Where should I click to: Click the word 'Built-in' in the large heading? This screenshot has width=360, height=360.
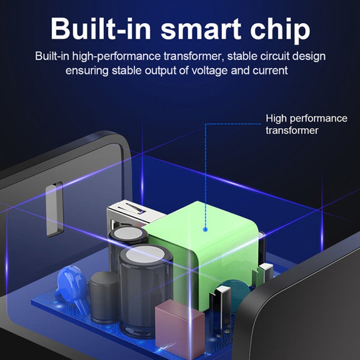[101, 29]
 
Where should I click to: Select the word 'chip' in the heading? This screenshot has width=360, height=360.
[280, 31]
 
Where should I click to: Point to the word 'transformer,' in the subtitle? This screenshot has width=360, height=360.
[194, 56]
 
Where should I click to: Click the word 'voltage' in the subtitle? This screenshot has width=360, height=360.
[209, 71]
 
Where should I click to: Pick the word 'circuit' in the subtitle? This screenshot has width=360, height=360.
[274, 56]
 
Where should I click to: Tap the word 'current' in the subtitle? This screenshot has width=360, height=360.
[270, 71]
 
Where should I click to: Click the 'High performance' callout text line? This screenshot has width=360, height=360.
[306, 119]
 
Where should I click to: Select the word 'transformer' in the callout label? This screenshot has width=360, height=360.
[292, 131]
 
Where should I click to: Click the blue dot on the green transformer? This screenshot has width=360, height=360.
[206, 229]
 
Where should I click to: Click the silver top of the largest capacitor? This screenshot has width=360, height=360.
[145, 254]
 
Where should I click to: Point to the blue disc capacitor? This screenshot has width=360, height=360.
[71, 285]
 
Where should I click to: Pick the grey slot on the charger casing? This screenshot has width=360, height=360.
[54, 209]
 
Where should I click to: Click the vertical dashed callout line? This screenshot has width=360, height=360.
[206, 176]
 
